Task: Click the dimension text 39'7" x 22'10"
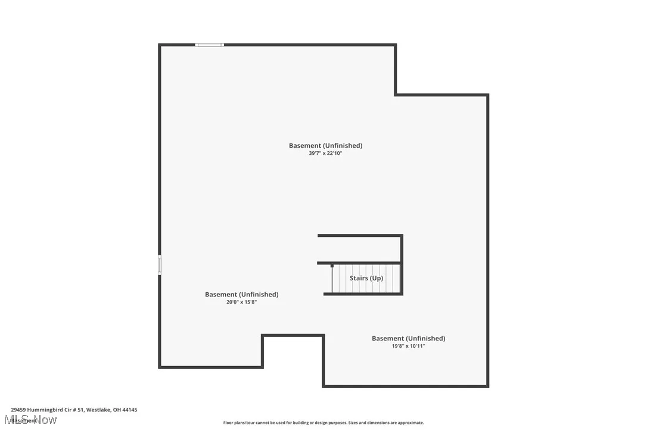[325, 154]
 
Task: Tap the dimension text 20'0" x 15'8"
[241, 302]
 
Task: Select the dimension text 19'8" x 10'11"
[408, 346]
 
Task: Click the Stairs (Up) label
[366, 278]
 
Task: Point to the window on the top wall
[210, 45]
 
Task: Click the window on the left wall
[160, 265]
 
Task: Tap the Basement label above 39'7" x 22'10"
[325, 145]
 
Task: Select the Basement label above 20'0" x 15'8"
[241, 294]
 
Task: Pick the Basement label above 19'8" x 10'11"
[408, 338]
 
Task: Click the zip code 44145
[129, 410]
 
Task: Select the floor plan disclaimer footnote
[323, 423]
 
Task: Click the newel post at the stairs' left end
[332, 266]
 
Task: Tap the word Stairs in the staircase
[359, 278]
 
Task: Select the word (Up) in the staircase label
[376, 278]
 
